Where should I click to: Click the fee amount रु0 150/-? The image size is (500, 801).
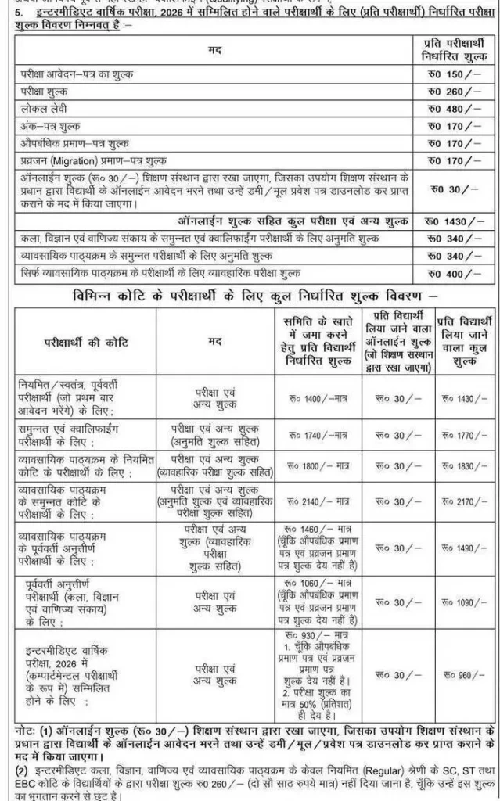click(x=455, y=74)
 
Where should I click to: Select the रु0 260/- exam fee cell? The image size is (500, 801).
click(x=455, y=92)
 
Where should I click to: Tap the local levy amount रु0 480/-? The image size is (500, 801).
click(x=455, y=109)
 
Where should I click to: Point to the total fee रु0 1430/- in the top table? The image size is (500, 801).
click(x=455, y=221)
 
